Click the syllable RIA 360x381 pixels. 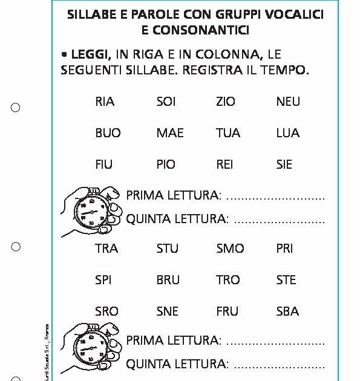pyautogui.click(x=105, y=102)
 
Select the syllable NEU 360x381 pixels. pyautogui.click(x=287, y=102)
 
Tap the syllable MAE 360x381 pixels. pyautogui.click(x=169, y=133)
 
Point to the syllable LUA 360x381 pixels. pyautogui.click(x=287, y=133)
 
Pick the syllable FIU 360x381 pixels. pyautogui.click(x=103, y=164)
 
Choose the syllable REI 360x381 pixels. pyautogui.click(x=224, y=164)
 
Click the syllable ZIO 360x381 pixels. pyautogui.click(x=226, y=102)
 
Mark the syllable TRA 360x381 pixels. pyautogui.click(x=106, y=249)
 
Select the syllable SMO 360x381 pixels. pyautogui.click(x=230, y=249)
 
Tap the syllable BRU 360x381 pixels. pyautogui.click(x=168, y=280)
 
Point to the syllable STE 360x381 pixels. pyautogui.click(x=286, y=280)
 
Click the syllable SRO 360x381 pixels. pyautogui.click(x=106, y=311)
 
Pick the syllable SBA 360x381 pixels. pyautogui.click(x=287, y=311)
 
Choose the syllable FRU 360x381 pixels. pyautogui.click(x=227, y=311)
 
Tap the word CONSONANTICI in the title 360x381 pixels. pyautogui.click(x=199, y=30)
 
